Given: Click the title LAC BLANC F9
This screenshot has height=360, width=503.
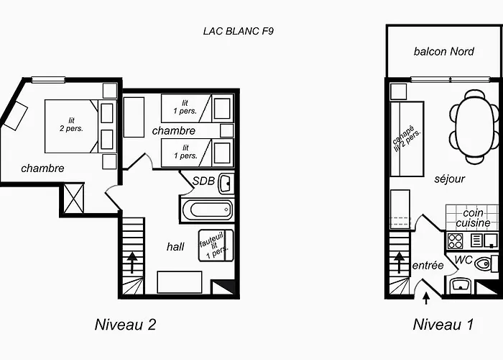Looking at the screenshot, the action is [x=239, y=31].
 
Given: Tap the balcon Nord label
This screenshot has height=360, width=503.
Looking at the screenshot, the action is [x=443, y=51].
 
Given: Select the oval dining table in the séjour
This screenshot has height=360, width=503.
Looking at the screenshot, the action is [x=474, y=127].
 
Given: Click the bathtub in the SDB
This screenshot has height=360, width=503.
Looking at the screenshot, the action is [x=207, y=210].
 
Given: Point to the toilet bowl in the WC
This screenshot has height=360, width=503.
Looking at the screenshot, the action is [x=482, y=264].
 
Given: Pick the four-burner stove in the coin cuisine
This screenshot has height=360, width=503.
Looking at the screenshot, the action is [x=455, y=241].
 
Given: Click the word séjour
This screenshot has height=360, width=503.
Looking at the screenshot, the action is [x=449, y=179].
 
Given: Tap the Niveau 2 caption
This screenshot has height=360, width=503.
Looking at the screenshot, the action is [x=126, y=324].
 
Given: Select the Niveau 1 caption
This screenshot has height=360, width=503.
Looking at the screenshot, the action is [x=443, y=324].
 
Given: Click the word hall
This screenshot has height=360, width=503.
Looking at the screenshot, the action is [x=175, y=246].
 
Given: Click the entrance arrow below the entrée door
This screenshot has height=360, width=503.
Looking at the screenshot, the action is [x=426, y=298].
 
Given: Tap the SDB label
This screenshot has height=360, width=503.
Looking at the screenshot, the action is [x=203, y=181].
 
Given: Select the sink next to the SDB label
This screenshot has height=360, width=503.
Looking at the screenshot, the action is [x=226, y=184].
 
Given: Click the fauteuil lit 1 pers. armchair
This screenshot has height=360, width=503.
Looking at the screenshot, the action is [x=216, y=245].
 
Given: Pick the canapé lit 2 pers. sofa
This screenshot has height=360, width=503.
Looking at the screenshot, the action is [x=407, y=139].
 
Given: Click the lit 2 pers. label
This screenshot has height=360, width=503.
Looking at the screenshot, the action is [x=71, y=125].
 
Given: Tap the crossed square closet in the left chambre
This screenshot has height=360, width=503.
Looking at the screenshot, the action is [x=74, y=198].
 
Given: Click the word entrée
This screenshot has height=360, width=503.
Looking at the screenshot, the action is [x=428, y=266].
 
